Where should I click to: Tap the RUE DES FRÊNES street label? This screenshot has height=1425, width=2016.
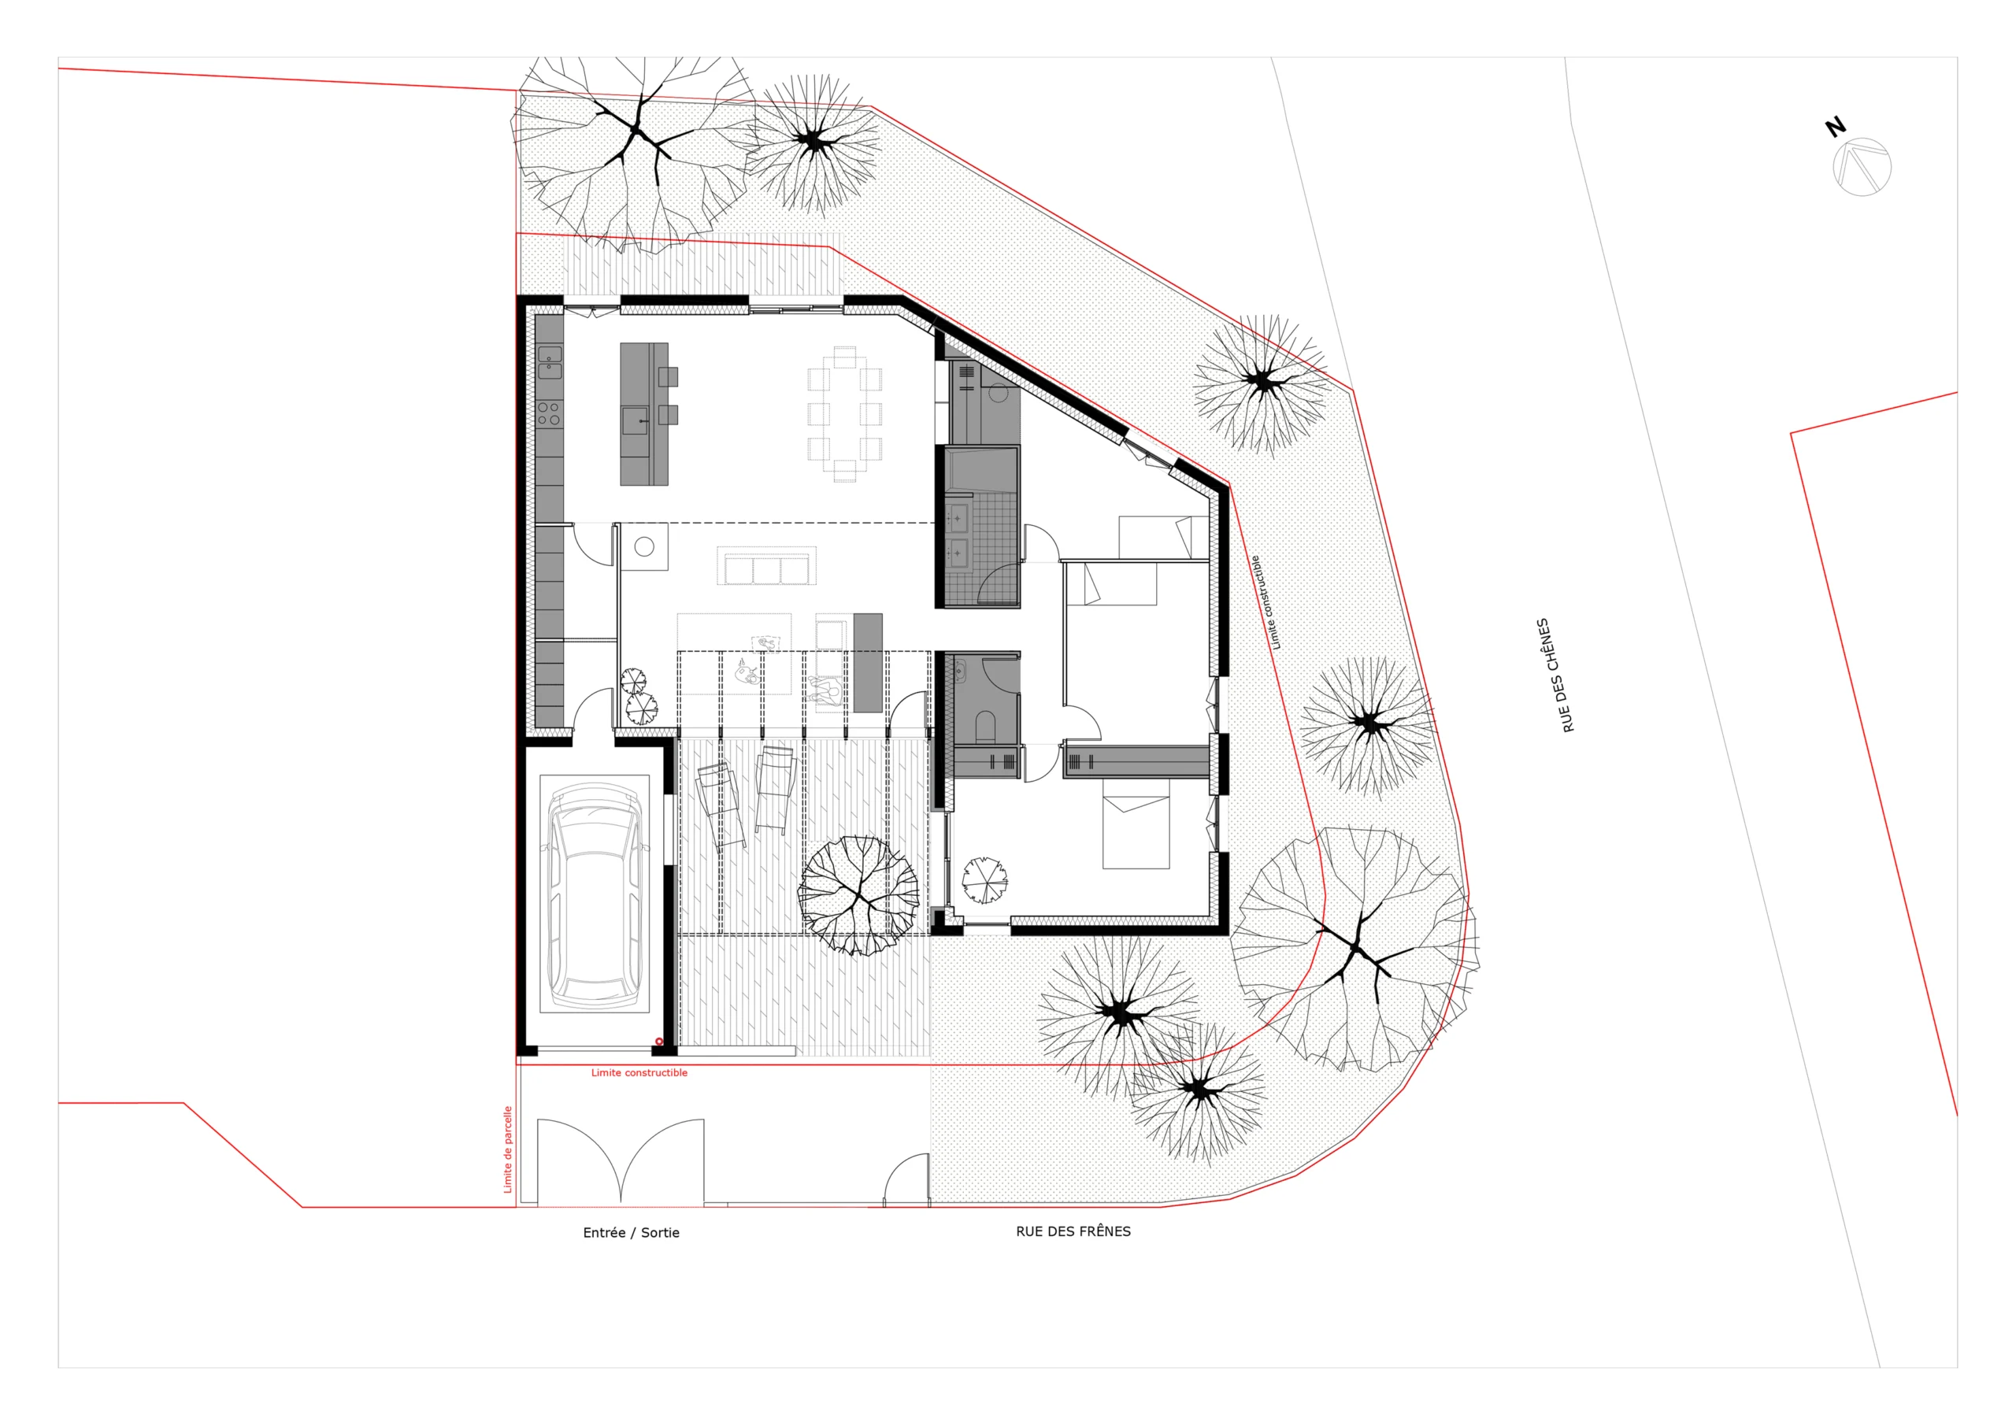point(1073,1231)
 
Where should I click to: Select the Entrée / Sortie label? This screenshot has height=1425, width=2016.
point(631,1232)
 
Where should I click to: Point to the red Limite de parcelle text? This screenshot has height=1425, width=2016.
point(507,1149)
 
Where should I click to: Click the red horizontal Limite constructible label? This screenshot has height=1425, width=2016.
point(639,1072)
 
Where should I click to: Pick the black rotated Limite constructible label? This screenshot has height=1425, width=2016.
point(1266,602)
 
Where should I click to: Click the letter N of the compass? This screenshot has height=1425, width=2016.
point(1834,128)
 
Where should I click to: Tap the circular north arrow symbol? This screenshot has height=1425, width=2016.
point(1862,167)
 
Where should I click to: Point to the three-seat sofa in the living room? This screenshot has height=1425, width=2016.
point(766,565)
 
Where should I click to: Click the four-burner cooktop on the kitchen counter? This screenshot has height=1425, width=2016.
point(549,413)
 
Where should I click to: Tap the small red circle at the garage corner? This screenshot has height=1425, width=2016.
point(659,1042)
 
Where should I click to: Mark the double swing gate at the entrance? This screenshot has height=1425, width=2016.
point(621,1160)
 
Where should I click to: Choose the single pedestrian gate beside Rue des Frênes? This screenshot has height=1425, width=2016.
point(906,1179)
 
